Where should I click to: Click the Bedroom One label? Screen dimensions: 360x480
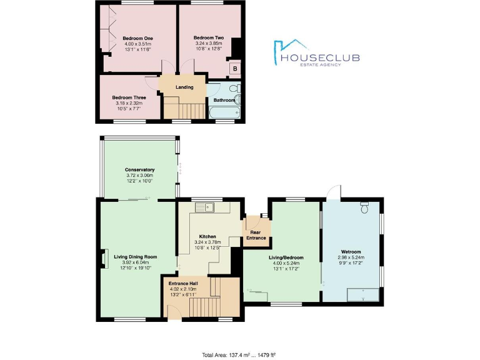pos(138,38)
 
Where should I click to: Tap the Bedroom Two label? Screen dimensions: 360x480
pos(208,38)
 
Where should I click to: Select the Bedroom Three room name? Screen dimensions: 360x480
pos(129,97)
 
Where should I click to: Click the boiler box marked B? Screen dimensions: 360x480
pos(236,69)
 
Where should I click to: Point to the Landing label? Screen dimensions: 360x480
pos(184,87)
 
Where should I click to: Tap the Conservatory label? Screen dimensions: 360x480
pos(139,170)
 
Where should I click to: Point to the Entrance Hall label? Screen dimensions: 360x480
pos(183,284)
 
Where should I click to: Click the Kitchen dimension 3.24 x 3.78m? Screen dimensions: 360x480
pos(207,242)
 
